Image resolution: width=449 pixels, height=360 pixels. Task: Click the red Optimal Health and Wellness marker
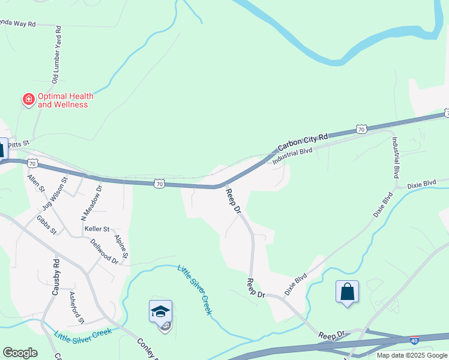(28, 100)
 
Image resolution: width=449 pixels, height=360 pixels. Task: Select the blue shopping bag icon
(347, 292)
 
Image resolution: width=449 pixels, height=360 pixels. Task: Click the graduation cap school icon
(160, 311)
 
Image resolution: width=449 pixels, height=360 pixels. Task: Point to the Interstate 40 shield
(414, 340)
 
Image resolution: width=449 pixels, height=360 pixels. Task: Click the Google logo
(20, 353)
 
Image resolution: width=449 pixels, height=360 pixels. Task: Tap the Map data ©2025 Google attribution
(412, 355)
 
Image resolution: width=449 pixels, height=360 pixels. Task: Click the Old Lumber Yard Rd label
(57, 53)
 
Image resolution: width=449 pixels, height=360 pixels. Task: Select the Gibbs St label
(46, 224)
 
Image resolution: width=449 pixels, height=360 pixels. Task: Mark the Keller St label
(97, 229)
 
